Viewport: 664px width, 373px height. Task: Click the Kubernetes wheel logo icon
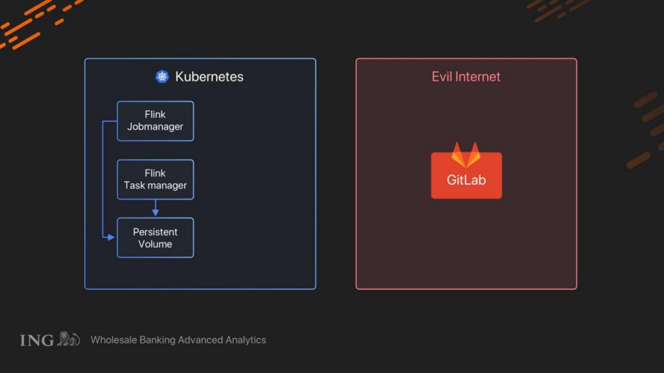click(162, 76)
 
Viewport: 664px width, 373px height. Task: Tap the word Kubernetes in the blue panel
click(209, 76)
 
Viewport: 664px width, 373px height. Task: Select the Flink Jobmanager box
click(155, 121)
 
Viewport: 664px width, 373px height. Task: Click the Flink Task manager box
click(155, 179)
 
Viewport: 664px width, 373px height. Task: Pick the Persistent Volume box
click(155, 238)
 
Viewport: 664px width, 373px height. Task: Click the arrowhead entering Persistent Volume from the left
click(111, 237)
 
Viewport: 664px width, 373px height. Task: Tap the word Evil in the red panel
click(441, 76)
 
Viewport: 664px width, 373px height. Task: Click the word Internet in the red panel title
click(477, 76)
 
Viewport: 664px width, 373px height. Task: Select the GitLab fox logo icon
click(466, 155)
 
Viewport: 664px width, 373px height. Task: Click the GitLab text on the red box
click(466, 180)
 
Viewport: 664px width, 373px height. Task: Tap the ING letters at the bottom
click(37, 340)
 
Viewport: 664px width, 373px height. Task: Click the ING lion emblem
click(68, 339)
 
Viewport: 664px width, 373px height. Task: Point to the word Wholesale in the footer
click(113, 340)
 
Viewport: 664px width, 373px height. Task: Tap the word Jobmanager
click(155, 127)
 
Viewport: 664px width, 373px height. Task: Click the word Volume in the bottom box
click(155, 244)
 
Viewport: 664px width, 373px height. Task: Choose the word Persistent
click(155, 232)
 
